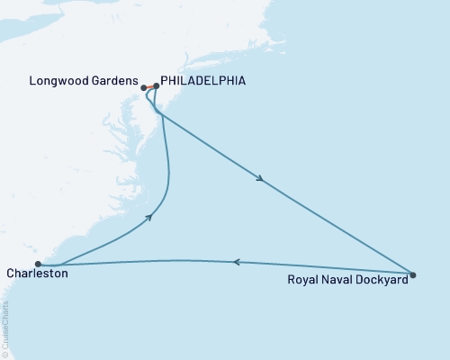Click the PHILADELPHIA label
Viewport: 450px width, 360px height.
pyautogui.click(x=202, y=80)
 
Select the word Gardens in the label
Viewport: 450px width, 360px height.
pyautogui.click(x=116, y=80)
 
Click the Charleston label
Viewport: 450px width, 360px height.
pyautogui.click(x=36, y=273)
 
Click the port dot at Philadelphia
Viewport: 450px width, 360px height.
pyautogui.click(x=156, y=86)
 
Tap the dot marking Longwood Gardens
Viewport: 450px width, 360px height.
pyautogui.click(x=143, y=87)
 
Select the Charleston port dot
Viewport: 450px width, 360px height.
pyautogui.click(x=38, y=264)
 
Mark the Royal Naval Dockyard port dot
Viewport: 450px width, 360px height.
pyautogui.click(x=412, y=274)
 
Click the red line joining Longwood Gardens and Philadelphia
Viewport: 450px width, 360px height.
pyautogui.click(x=149, y=87)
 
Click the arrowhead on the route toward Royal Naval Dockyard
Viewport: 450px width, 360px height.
pyautogui.click(x=260, y=180)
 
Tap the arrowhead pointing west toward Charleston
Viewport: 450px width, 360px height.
pyautogui.click(x=237, y=262)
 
